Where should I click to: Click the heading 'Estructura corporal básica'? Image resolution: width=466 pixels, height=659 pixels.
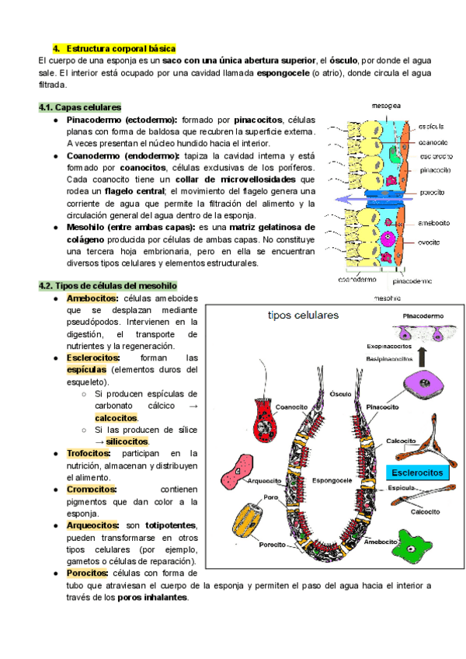(x=122, y=47)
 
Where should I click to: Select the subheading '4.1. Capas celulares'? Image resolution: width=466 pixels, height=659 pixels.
(x=78, y=107)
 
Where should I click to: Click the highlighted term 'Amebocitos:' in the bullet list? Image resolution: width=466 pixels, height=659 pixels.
(x=92, y=298)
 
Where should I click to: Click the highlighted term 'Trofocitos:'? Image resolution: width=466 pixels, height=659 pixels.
(x=89, y=453)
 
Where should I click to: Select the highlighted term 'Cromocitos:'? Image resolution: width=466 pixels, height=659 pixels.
(x=92, y=489)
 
